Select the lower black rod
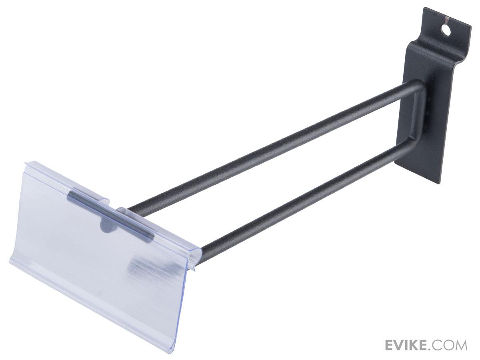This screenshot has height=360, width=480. click(304, 188)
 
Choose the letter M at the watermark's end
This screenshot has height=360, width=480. click(460, 344)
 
